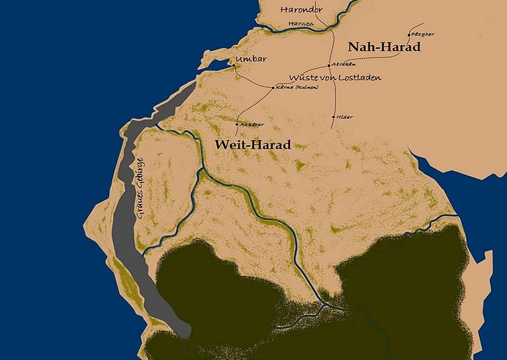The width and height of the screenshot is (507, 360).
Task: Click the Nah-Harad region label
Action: (384, 47)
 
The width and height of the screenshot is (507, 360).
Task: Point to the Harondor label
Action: (302, 10)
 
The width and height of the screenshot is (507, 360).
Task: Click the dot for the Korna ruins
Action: (273, 87)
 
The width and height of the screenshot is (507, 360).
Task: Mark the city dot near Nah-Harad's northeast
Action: (409, 35)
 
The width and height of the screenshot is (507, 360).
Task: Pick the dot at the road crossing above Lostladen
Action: (329, 65)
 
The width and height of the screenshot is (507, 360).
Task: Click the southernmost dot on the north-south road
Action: (333, 117)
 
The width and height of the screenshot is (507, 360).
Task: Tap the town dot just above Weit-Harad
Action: (236, 124)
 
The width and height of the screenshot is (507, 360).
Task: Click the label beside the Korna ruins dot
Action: (293, 87)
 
